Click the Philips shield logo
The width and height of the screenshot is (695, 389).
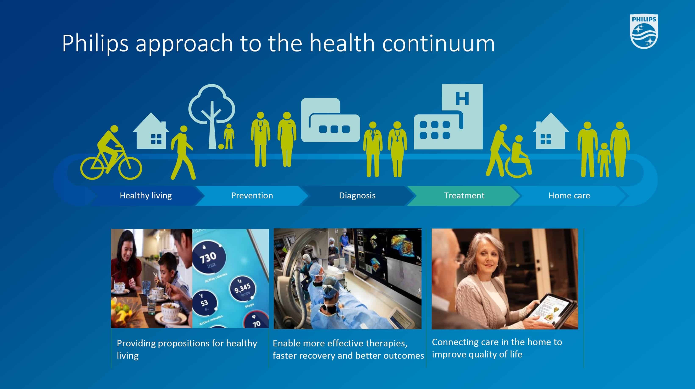[644, 32]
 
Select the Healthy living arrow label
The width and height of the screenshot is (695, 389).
[146, 195]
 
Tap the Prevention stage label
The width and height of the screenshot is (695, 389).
[252, 195]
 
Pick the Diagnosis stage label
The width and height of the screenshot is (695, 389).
[357, 195]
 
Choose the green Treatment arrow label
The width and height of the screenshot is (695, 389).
[464, 195]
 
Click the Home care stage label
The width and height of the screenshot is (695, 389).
[569, 195]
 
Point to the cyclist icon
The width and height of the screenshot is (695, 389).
[111, 152]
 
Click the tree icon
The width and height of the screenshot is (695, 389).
[212, 116]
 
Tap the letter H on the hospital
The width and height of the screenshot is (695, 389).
[462, 99]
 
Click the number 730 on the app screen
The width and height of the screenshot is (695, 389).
[208, 257]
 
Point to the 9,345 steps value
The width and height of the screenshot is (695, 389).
[242, 288]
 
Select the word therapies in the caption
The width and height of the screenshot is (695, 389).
[386, 343]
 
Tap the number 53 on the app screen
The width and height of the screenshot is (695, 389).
[204, 303]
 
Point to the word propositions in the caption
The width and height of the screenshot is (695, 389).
[183, 343]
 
